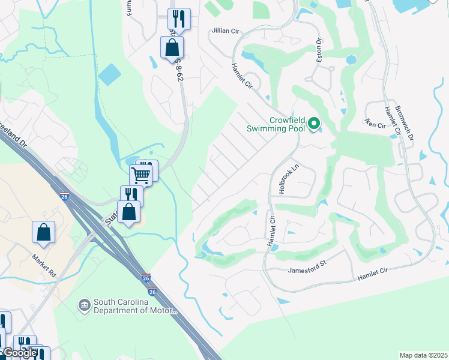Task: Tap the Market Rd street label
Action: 44,264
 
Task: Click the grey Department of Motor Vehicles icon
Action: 84,306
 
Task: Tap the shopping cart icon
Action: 140,175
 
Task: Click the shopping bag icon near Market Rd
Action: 44,232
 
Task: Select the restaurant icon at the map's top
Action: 179,18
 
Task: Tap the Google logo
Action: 19,353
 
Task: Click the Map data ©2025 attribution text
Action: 423,355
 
